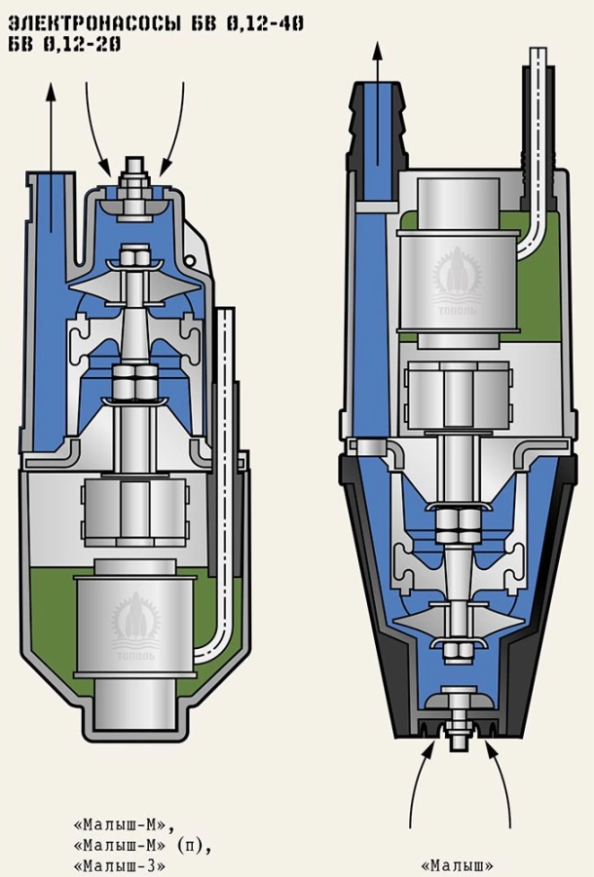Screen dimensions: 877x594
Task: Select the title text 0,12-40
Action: coord(268,22)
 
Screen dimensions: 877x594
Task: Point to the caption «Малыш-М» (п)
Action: coord(141,844)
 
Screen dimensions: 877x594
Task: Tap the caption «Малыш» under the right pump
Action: coord(457,864)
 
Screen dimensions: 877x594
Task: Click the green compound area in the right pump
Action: coord(531,292)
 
